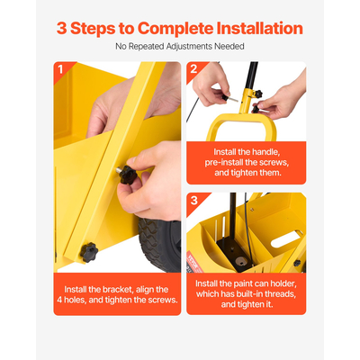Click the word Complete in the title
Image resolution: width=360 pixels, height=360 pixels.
[x=175, y=29]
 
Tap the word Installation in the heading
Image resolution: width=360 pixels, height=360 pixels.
[x=260, y=28]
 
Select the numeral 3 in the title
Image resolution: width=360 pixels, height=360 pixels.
[x=61, y=29]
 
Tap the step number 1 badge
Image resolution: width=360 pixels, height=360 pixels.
[x=60, y=69]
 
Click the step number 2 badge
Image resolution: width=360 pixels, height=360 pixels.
[x=193, y=69]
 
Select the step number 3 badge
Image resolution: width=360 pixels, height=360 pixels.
[x=194, y=200]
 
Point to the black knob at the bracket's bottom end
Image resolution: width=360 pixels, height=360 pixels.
[x=89, y=252]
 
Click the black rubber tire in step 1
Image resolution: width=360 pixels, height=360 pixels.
[x=159, y=245]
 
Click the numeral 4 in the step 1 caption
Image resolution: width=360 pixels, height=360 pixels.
[x=59, y=300]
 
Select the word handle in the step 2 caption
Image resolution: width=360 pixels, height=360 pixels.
[x=267, y=152]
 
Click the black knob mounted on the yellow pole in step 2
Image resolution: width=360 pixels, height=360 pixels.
[x=258, y=94]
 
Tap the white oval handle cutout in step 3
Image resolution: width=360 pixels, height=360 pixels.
[x=287, y=238]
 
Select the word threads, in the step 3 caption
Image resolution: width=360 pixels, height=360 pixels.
[x=279, y=294]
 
